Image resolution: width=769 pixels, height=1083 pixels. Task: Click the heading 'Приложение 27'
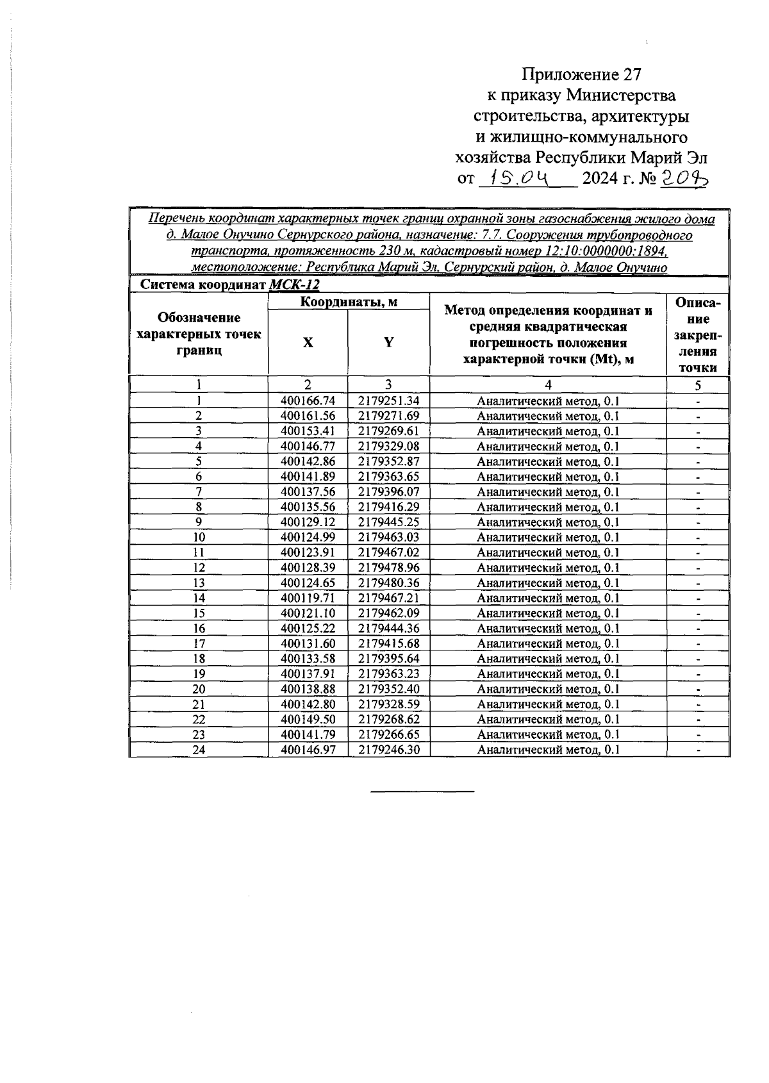581,74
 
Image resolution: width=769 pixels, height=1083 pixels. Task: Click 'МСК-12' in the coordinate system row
294,285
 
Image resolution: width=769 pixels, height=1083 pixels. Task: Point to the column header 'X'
308,342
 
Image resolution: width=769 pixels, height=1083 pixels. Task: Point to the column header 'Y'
388,342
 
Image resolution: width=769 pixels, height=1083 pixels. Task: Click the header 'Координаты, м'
349,302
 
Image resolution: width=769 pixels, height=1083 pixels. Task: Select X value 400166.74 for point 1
308,401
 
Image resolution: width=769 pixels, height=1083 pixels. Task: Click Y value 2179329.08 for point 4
388,447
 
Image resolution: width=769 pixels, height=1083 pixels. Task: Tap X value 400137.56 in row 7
308,492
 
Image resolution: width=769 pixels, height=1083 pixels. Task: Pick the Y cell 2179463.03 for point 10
388,538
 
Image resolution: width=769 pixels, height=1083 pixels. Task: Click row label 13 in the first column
199,583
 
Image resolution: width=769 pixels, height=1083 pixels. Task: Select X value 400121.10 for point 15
308,613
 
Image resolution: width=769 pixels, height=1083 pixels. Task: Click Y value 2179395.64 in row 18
388,659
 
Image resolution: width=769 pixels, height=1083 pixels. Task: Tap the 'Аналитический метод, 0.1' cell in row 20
548,690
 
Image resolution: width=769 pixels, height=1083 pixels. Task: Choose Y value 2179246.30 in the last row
388,750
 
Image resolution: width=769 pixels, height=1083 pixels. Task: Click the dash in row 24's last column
698,750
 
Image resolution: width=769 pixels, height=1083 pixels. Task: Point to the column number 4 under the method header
548,385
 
